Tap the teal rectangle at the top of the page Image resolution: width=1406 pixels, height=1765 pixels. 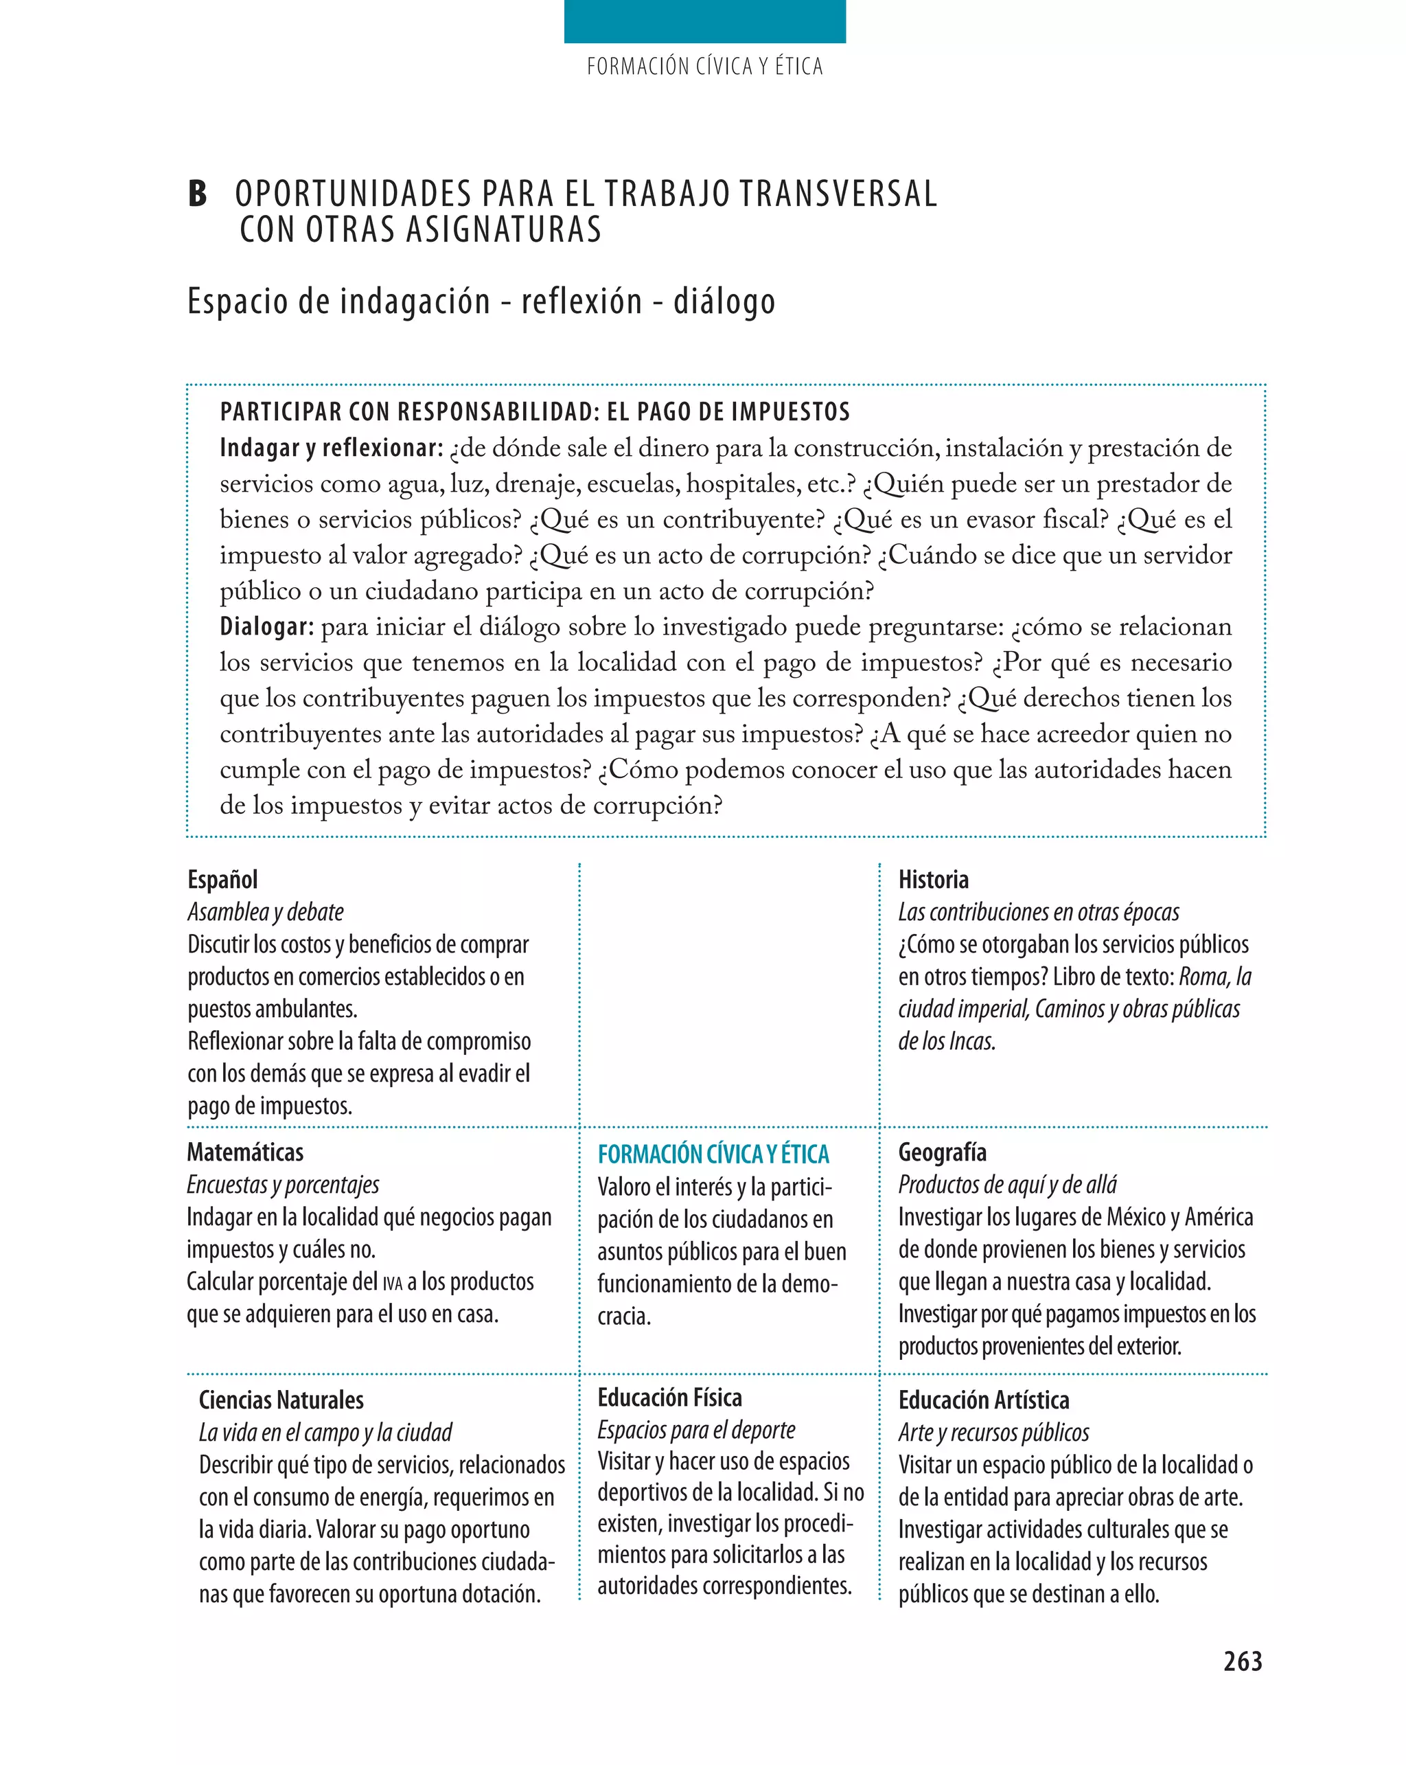click(704, 21)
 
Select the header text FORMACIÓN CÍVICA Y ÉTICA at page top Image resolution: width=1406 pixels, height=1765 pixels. click(704, 67)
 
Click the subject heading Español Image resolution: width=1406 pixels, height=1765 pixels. click(222, 879)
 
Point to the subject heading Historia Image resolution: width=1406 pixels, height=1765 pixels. click(933, 879)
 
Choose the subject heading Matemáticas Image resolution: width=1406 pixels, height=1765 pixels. click(244, 1152)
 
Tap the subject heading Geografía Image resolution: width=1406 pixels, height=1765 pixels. click(942, 1152)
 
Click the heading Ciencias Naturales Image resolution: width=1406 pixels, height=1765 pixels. click(281, 1400)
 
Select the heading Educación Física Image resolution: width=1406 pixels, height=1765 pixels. click(669, 1398)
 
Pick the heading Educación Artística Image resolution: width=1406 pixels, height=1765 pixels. click(984, 1400)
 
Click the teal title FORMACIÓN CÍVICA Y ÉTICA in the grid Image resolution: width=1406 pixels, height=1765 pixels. click(713, 1154)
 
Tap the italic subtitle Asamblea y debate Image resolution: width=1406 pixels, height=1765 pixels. click(265, 912)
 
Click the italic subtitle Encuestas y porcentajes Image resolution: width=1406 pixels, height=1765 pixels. click(282, 1185)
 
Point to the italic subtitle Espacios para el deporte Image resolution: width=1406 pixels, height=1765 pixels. click(695, 1429)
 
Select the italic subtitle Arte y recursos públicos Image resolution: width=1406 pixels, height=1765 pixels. click(993, 1433)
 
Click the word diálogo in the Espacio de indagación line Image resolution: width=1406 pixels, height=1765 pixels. click(724, 301)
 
